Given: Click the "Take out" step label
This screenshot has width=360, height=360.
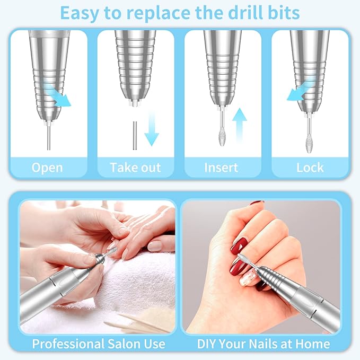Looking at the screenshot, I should [135, 168].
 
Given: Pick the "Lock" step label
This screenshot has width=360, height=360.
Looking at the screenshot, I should [310, 168].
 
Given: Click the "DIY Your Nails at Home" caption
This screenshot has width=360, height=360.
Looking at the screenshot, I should [264, 344].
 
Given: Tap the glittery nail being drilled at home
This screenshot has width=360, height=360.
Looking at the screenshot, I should [246, 278].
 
